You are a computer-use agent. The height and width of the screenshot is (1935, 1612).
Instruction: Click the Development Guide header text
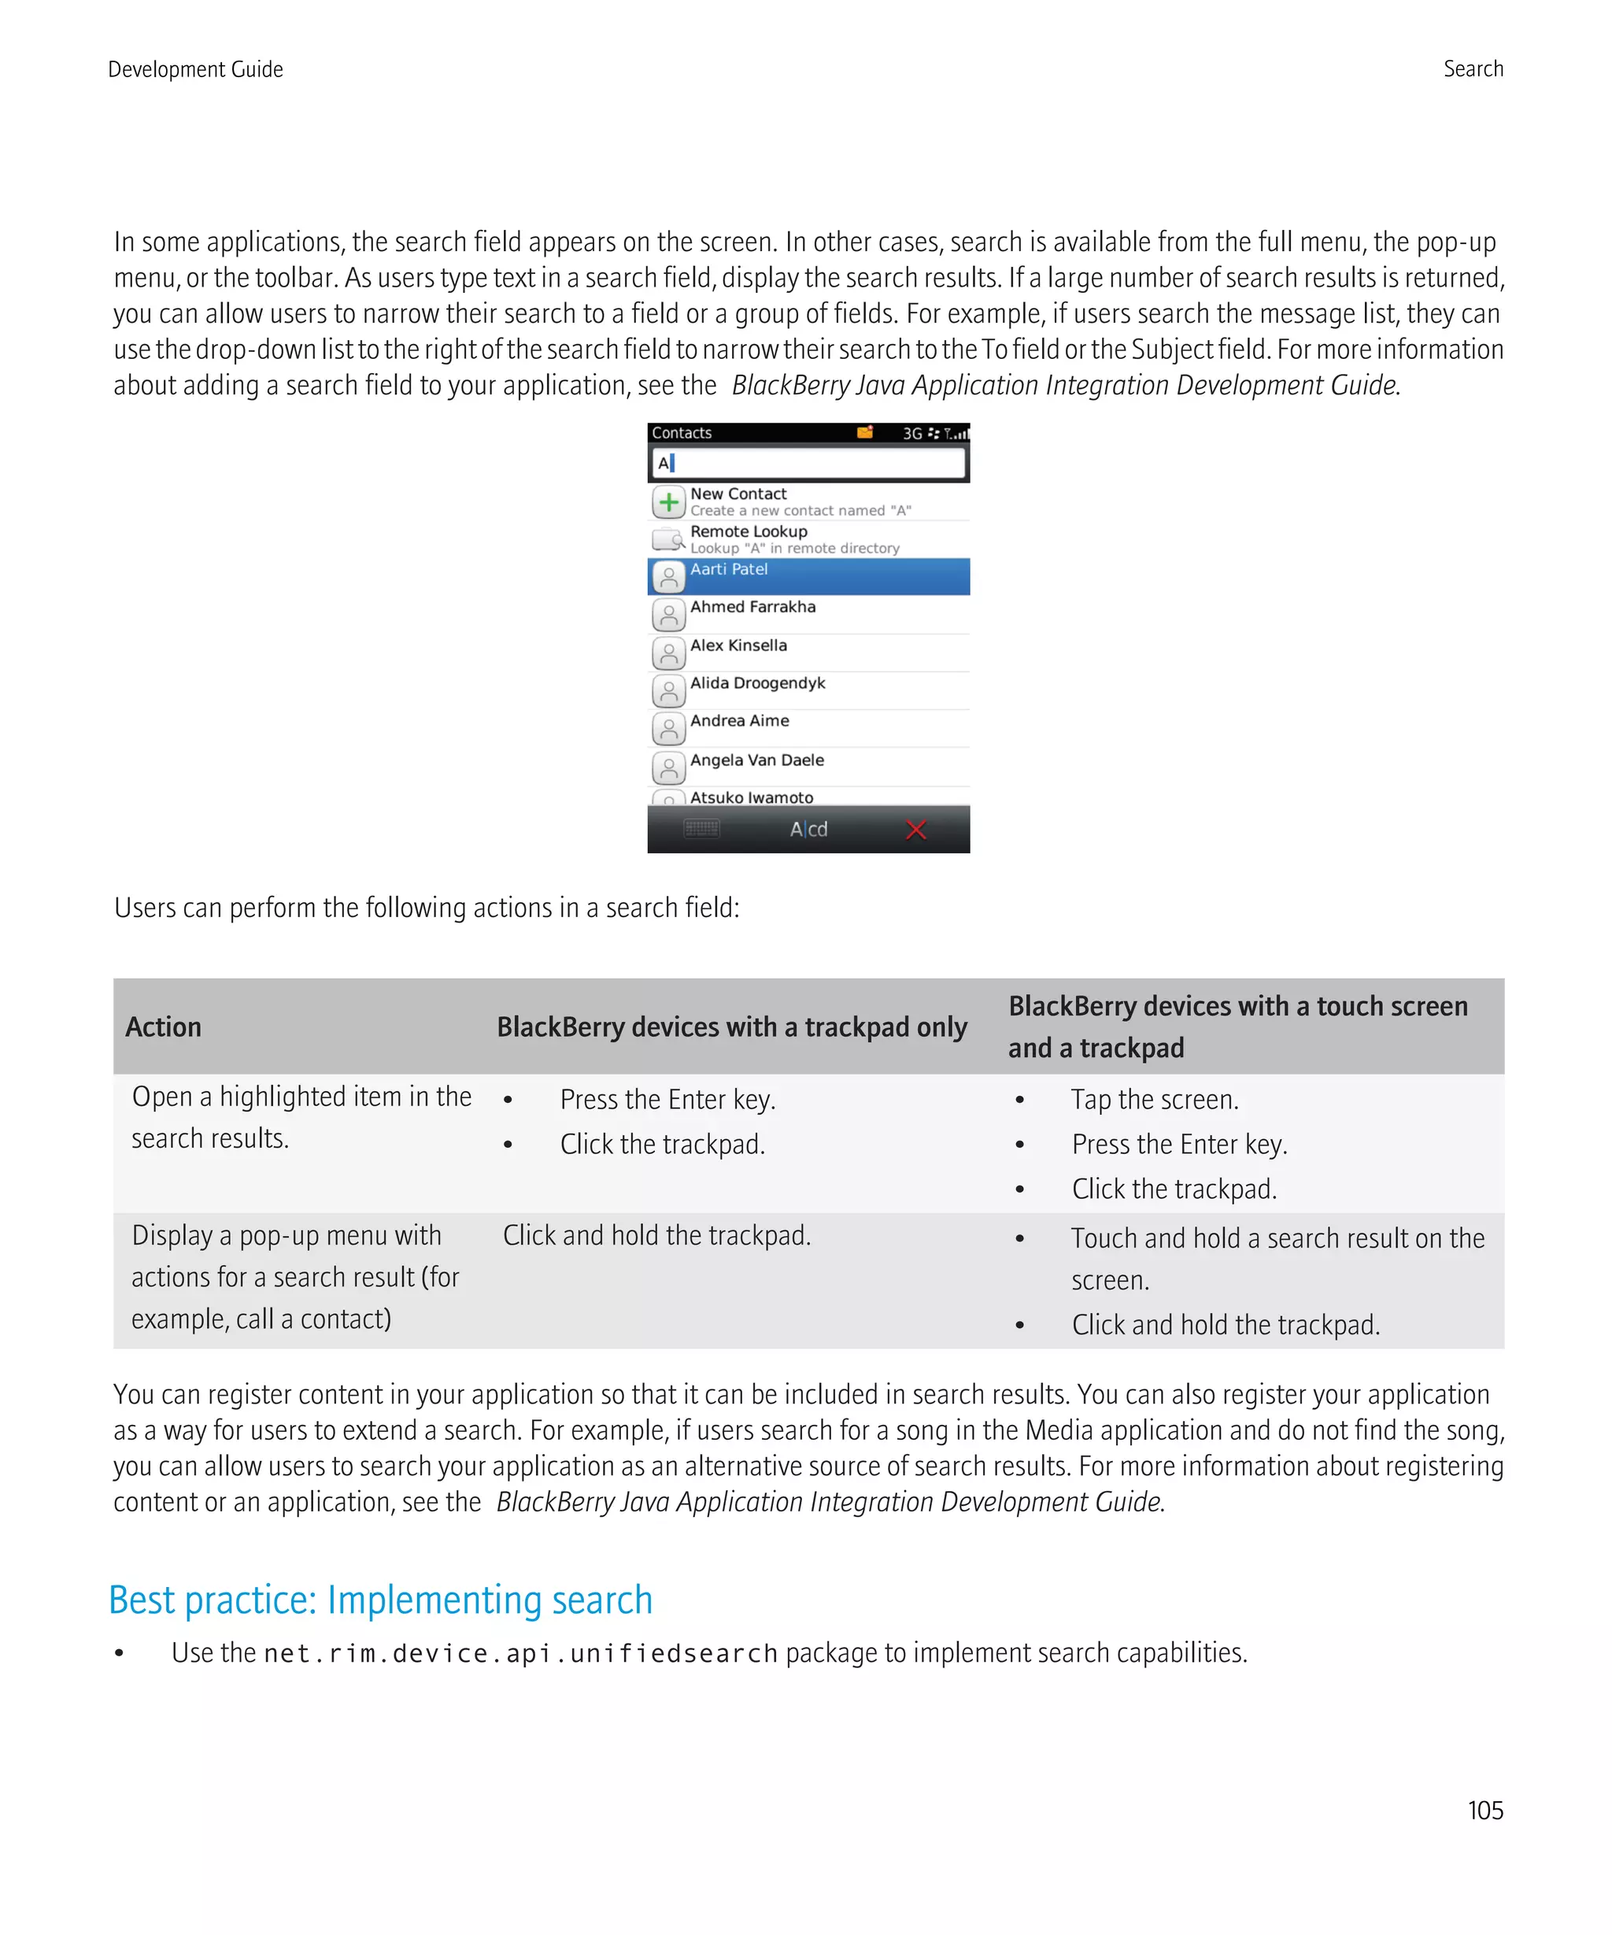(195, 69)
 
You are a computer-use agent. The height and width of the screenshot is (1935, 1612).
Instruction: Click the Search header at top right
(1472, 69)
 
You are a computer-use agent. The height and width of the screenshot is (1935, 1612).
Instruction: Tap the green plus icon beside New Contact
(669, 502)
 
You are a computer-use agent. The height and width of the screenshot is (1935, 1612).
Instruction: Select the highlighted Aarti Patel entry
(807, 576)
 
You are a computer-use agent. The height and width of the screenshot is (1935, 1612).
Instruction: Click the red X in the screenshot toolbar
(915, 829)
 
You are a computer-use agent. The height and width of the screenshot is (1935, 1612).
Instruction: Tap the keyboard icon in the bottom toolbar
(701, 828)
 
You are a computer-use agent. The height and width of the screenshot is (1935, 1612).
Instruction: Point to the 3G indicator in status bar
(912, 433)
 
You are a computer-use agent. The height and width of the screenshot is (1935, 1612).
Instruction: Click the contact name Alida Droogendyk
(757, 683)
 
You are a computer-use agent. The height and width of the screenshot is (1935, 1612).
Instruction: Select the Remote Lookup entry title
(748, 531)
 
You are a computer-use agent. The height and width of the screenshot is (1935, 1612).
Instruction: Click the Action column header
(163, 1027)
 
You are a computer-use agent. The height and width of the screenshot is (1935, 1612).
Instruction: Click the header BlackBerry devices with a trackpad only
(731, 1027)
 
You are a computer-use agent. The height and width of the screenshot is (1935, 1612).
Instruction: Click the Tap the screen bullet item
(1153, 1099)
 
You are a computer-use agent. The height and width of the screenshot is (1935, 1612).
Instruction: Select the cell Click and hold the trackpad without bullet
(656, 1234)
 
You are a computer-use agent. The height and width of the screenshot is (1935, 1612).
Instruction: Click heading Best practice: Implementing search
(380, 1600)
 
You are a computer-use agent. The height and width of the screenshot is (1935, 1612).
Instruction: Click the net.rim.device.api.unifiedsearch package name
(520, 1653)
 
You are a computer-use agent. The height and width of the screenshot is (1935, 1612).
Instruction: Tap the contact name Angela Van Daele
(756, 760)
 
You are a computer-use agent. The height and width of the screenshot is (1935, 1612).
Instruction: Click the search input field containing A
(807, 463)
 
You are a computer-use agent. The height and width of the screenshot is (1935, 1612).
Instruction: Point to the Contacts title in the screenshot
(681, 433)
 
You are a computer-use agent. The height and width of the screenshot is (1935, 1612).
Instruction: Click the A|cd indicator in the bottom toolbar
(808, 829)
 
